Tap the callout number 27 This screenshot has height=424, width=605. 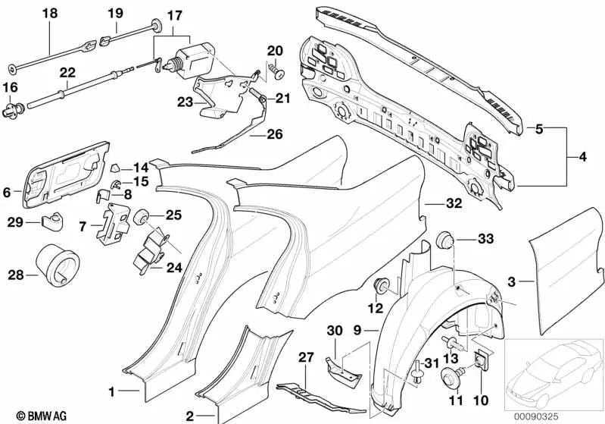pyautogui.click(x=306, y=357)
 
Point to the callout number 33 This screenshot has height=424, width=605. pyautogui.click(x=485, y=240)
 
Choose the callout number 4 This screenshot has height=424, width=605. pyautogui.click(x=582, y=158)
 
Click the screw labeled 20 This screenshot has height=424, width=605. pyautogui.click(x=276, y=74)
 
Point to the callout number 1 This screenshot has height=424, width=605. pyautogui.click(x=111, y=392)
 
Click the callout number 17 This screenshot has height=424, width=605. pyautogui.click(x=174, y=15)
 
